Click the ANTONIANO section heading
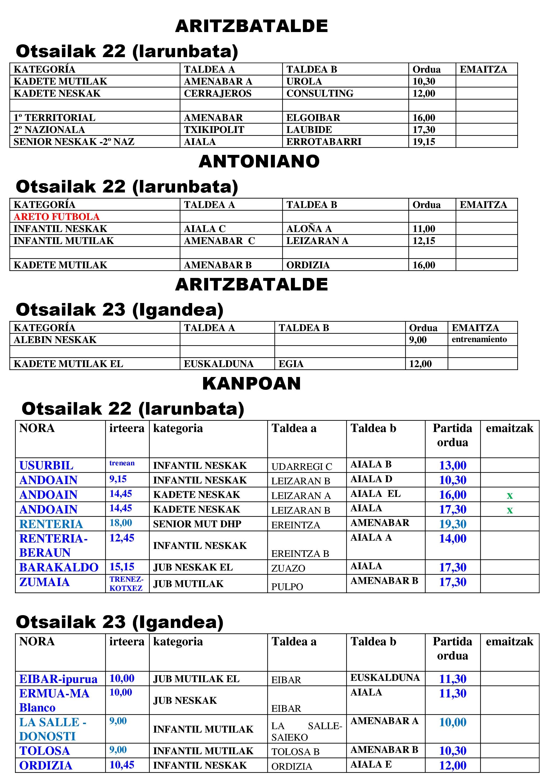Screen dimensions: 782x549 coord(259,162)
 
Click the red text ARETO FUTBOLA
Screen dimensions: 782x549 coord(57,217)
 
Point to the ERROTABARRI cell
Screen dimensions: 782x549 coord(323,142)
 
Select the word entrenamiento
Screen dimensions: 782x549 coord(479,339)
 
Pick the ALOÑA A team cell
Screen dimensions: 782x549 coord(309,229)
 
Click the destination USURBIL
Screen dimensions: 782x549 coord(46,465)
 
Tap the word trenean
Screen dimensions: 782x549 coord(122,463)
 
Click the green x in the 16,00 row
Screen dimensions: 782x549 coord(509,495)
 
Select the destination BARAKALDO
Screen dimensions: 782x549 coord(58,567)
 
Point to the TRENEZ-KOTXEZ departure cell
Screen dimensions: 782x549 coord(126,583)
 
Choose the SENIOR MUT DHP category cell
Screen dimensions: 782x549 coord(197,524)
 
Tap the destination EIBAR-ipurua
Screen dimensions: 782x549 coord(58,679)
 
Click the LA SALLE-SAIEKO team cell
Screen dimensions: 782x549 coord(306,731)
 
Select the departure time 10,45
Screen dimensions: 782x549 coord(122,765)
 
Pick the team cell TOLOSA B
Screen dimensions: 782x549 coord(295,751)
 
